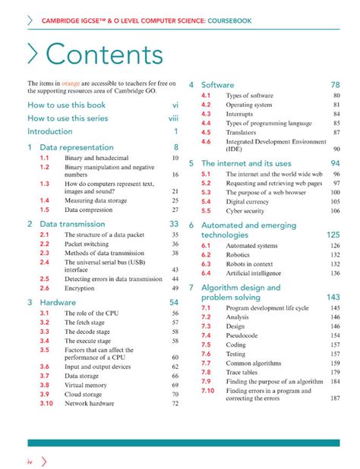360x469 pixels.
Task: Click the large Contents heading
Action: pos(103,55)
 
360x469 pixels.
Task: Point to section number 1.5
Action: pos(45,209)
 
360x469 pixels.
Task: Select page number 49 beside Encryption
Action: pos(175,288)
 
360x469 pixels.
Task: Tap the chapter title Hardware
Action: pos(58,301)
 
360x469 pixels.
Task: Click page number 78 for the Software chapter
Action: pos(335,85)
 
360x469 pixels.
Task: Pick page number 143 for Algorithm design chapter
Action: pos(333,297)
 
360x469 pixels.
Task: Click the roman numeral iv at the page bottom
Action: pos(30,460)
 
